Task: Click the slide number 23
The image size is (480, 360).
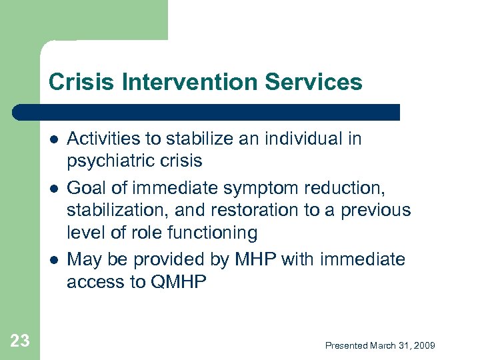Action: [x=20, y=341]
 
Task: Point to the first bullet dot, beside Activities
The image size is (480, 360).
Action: [x=53, y=139]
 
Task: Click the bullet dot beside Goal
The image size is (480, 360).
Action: [x=53, y=187]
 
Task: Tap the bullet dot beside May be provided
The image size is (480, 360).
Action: [x=53, y=259]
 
